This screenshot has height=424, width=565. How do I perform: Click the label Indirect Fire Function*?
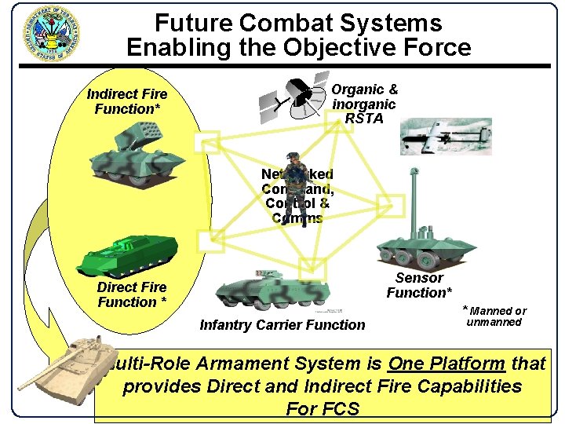coord(127,101)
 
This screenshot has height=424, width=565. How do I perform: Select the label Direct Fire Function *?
coord(131,294)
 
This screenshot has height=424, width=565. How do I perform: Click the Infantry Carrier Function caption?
coord(282,325)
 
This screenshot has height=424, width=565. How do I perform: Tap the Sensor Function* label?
coord(419,285)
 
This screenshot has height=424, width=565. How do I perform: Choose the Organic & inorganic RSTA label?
coord(364,104)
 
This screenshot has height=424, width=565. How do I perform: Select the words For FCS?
coord(323,409)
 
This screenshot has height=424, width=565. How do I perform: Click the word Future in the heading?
coord(197,23)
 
